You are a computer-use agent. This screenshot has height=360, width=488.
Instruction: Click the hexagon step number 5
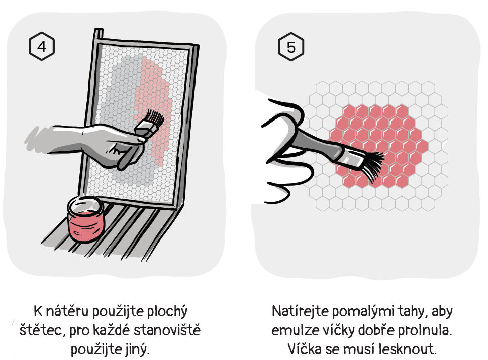[290, 47]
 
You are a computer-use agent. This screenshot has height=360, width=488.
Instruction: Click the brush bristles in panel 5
[372, 166]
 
